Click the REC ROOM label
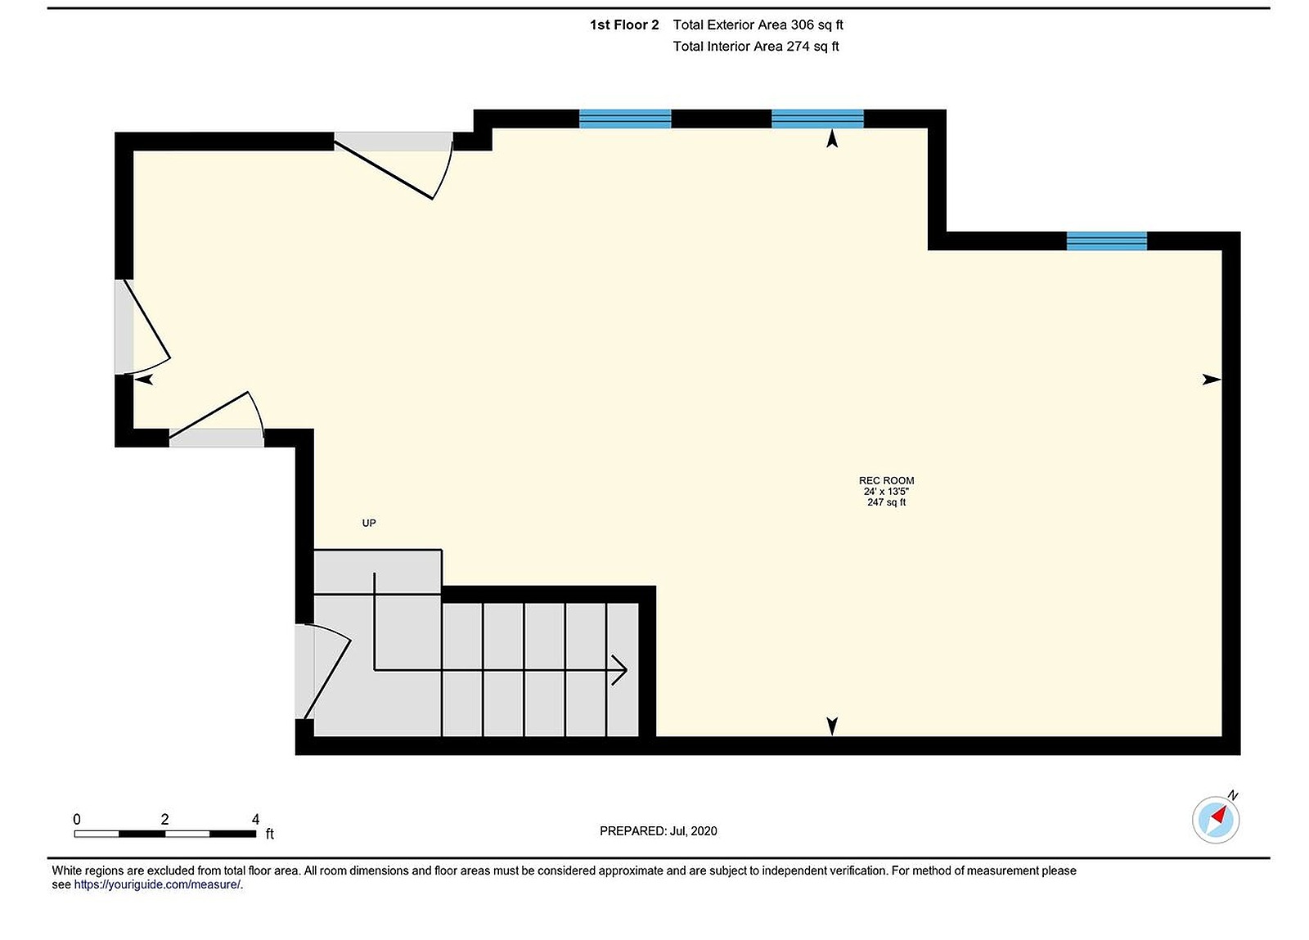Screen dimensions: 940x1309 pos(886,480)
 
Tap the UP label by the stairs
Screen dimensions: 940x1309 pos(369,523)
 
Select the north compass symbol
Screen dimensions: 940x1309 pos(1216,819)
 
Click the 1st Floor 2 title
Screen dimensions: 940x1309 pos(624,25)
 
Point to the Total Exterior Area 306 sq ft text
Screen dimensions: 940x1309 pos(758,25)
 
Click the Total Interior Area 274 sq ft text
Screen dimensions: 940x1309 pos(756,47)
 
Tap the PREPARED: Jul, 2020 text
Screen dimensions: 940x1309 pos(658,831)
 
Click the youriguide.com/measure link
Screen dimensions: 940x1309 pos(158,884)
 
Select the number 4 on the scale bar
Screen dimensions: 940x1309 pos(255,819)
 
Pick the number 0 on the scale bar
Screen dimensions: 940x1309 pos(77,819)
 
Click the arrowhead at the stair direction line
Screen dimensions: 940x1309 pos(620,670)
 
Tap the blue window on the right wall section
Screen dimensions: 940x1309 pos(1106,241)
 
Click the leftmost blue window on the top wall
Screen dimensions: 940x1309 pos(625,119)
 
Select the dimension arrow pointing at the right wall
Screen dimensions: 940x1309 pos(1211,380)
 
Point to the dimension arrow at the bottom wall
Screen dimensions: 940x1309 pos(832,726)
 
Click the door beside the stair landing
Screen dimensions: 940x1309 pos(323,671)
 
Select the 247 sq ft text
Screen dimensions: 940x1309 pos(886,502)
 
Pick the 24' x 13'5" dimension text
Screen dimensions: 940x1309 pos(886,492)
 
